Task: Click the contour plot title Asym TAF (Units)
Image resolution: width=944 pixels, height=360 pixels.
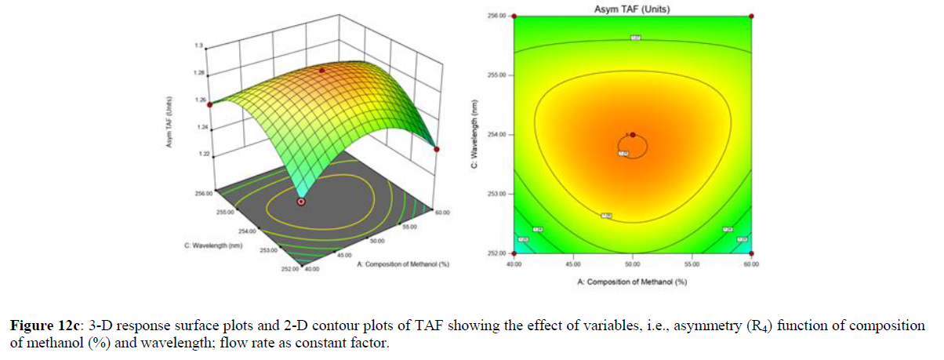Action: coord(633,9)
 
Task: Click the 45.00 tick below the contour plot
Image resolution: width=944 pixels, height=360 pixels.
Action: coord(573,264)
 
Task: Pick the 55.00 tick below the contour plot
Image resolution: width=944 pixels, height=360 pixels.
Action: coord(692,264)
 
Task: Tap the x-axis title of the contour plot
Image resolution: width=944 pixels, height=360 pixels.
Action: coord(633,282)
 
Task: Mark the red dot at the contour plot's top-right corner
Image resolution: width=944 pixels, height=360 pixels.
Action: coord(752,16)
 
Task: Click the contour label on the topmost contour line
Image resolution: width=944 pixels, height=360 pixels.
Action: coord(635,38)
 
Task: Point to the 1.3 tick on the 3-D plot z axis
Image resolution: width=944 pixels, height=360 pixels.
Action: coord(200,47)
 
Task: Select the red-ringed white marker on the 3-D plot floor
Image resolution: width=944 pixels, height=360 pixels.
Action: coord(301,202)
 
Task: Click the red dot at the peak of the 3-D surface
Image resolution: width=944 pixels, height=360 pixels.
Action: coord(320,71)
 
